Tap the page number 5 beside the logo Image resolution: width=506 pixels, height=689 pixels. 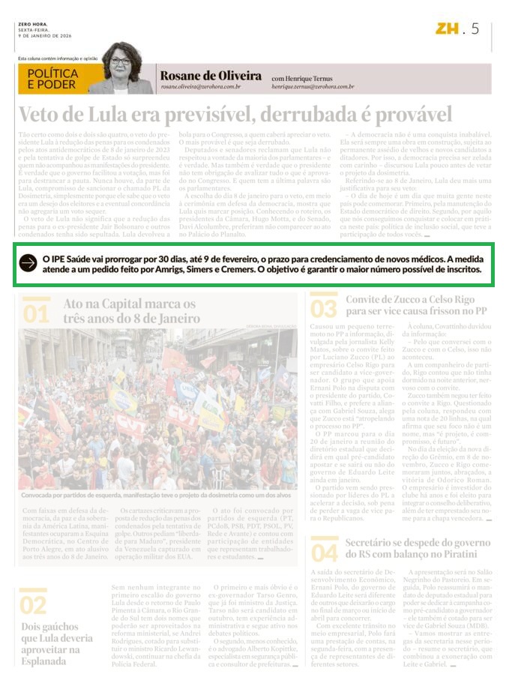(475, 29)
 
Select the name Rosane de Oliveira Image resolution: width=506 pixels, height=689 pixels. (210, 76)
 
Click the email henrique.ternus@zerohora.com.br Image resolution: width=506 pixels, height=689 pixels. (313, 87)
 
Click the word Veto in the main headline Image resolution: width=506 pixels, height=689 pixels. (43, 114)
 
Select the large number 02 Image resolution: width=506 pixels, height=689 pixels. (34, 604)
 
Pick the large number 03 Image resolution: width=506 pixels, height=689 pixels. (324, 307)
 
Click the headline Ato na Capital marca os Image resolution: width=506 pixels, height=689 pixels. (129, 304)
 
